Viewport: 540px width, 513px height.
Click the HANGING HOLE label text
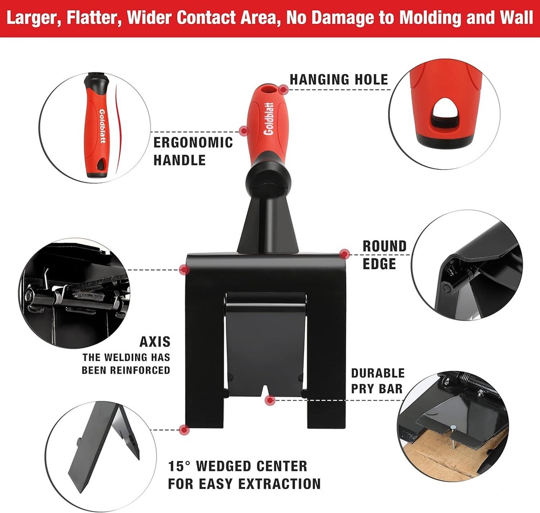click(339, 79)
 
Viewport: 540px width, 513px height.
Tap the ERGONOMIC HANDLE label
click(193, 151)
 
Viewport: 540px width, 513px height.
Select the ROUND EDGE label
click(384, 255)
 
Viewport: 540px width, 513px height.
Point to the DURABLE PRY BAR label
click(377, 381)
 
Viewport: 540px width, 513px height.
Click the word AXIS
click(154, 342)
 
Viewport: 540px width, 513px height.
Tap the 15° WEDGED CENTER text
click(238, 466)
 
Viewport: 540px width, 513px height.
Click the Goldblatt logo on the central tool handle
click(268, 120)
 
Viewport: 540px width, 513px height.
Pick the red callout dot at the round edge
click(343, 253)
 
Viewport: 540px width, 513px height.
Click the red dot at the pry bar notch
click(269, 400)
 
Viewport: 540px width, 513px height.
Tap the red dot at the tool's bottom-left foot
click(185, 430)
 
